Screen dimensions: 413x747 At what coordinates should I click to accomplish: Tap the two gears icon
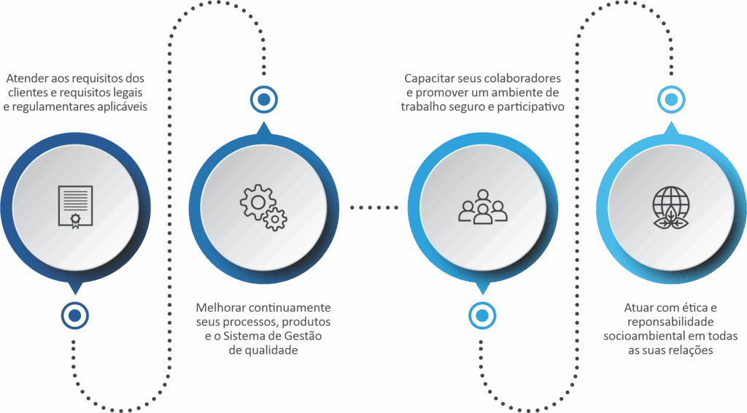(x=263, y=207)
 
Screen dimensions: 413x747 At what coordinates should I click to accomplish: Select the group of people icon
(x=482, y=206)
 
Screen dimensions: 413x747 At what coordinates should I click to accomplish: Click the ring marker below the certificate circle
(x=74, y=315)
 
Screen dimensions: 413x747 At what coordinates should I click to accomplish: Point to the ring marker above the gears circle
(x=263, y=98)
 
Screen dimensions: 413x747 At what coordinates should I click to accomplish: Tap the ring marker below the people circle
(x=481, y=315)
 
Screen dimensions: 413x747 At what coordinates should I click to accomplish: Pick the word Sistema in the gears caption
(x=248, y=336)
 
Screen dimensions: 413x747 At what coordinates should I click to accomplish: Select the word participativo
(x=534, y=107)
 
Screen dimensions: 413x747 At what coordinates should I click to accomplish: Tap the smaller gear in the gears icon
(x=275, y=218)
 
